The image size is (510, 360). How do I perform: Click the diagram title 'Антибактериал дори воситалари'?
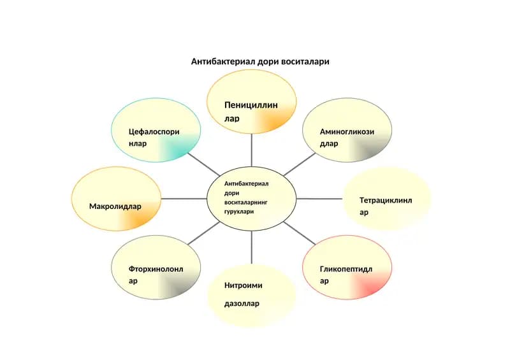tap(260, 61)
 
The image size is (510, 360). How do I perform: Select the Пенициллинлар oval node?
tap(251, 101)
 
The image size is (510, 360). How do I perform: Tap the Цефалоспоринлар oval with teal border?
tap(156, 130)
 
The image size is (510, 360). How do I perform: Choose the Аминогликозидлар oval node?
tap(347, 130)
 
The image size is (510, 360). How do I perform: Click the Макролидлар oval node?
tap(116, 199)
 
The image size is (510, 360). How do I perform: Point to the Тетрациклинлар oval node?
tap(387, 199)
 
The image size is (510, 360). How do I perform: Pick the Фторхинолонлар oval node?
tap(156, 268)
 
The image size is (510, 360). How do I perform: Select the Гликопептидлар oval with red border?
tap(347, 268)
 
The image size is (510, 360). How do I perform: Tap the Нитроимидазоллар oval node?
tap(251, 296)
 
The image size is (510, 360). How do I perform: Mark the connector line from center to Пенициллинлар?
tap(251, 150)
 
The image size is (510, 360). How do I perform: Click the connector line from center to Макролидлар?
tap(184, 199)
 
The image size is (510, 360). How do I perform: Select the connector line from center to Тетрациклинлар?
tap(319, 199)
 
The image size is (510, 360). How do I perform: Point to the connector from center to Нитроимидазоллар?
tap(251, 247)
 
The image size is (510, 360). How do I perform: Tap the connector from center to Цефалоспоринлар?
tap(203, 164)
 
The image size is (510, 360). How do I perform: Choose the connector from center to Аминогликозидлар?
tap(299, 164)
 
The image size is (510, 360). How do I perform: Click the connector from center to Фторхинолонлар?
tap(203, 233)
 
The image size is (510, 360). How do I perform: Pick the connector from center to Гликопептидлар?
tap(299, 233)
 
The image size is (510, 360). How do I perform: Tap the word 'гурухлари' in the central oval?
tap(239, 212)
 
